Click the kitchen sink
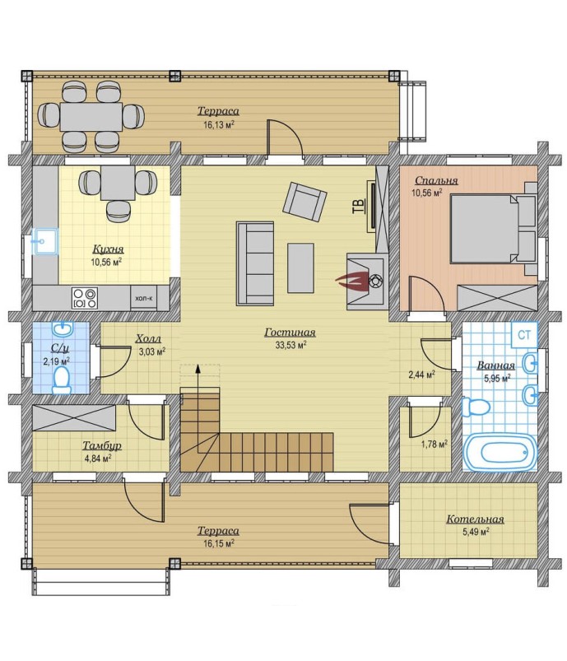coord(45,241)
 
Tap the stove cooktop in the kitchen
coord(85,298)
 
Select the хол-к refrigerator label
coord(144,298)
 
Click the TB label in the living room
coord(358,206)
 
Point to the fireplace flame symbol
coord(350,281)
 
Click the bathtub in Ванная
coord(500,452)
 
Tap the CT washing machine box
coord(524,335)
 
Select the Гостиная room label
coord(290,333)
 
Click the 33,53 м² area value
coord(290,345)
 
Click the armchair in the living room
coord(305,201)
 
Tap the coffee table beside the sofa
coord(300,268)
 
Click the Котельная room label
coord(475,519)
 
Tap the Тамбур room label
coord(102,445)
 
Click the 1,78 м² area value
coord(435,444)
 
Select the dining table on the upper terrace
coord(91,116)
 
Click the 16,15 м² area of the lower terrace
coord(219,543)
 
